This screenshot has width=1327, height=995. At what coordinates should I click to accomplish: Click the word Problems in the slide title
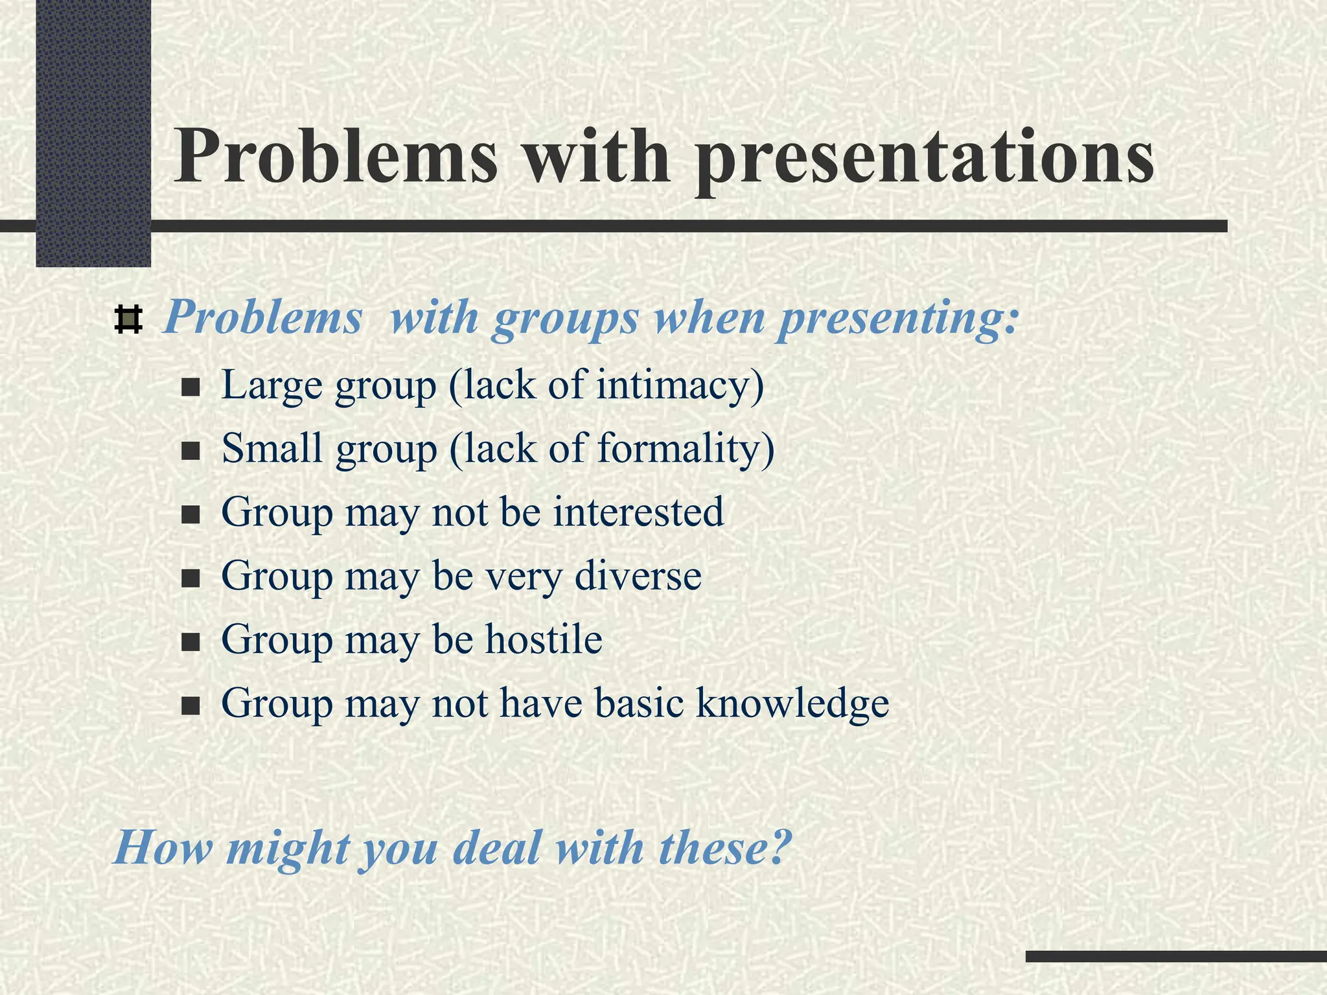pyautogui.click(x=336, y=157)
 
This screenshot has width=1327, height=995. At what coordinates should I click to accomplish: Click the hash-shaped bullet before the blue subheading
pyautogui.click(x=128, y=319)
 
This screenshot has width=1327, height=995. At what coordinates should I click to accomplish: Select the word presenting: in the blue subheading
pyautogui.click(x=897, y=319)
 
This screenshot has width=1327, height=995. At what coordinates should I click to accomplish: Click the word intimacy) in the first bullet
pyautogui.click(x=680, y=386)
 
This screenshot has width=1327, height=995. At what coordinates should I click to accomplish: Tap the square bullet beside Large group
pyautogui.click(x=190, y=388)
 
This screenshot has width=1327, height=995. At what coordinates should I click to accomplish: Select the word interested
pyautogui.click(x=638, y=512)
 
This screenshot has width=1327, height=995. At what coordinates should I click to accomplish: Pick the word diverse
pyautogui.click(x=638, y=575)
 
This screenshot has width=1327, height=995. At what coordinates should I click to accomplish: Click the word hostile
pyautogui.click(x=544, y=639)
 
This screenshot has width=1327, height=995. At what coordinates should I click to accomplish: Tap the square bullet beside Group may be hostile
pyautogui.click(x=190, y=643)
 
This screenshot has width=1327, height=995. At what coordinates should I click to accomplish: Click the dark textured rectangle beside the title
pyautogui.click(x=93, y=133)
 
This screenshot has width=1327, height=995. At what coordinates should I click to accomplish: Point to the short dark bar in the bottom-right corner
pyautogui.click(x=1175, y=956)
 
